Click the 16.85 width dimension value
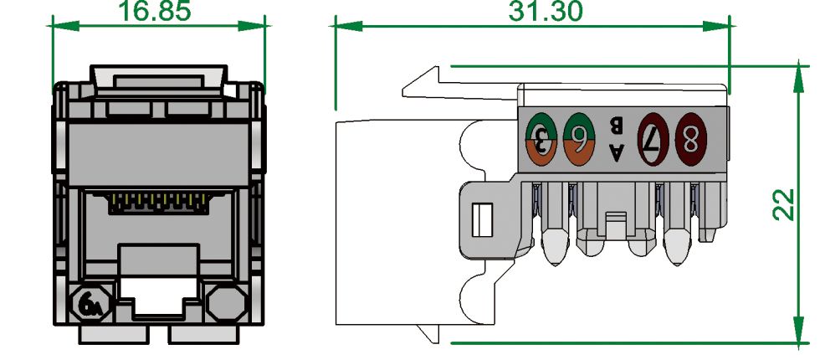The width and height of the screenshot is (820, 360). pos(155,11)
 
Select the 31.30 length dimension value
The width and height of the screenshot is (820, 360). pos(546,11)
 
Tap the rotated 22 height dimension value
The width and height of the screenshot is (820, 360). pos(784,204)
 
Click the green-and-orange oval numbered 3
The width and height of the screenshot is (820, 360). pos(541,139)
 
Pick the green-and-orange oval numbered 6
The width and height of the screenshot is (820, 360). pos(579,139)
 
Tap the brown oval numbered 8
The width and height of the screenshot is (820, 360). pos(691,140)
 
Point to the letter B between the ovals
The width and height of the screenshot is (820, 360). pos(617,125)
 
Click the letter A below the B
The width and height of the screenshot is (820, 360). pos(618,153)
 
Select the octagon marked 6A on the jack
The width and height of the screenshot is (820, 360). pos(91,303)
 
